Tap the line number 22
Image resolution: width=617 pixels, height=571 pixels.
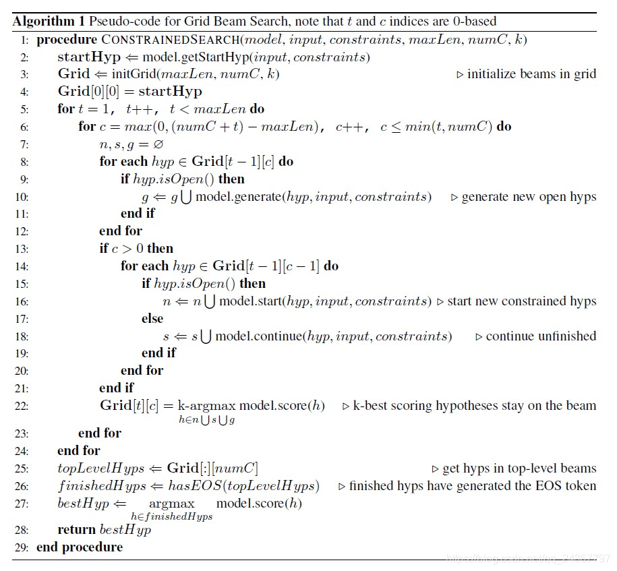click(x=22, y=406)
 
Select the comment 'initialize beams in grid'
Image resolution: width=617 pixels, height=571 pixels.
click(x=531, y=74)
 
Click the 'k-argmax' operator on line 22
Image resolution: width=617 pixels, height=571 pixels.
click(x=204, y=406)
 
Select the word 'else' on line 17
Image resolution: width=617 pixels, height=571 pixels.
click(x=152, y=318)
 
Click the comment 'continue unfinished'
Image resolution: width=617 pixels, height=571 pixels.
click(x=541, y=336)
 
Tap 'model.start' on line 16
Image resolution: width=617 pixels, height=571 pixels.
click(x=250, y=301)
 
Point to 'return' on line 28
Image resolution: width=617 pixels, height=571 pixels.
click(x=77, y=530)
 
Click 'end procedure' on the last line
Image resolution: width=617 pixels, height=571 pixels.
click(x=80, y=547)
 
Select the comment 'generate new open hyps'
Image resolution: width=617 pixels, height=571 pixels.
click(x=529, y=197)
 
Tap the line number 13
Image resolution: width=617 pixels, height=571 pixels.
click(x=22, y=249)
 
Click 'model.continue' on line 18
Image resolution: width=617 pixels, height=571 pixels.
click(x=259, y=336)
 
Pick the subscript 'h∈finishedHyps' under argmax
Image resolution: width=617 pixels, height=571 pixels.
click(x=171, y=516)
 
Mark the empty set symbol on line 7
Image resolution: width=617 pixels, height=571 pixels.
click(x=160, y=144)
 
